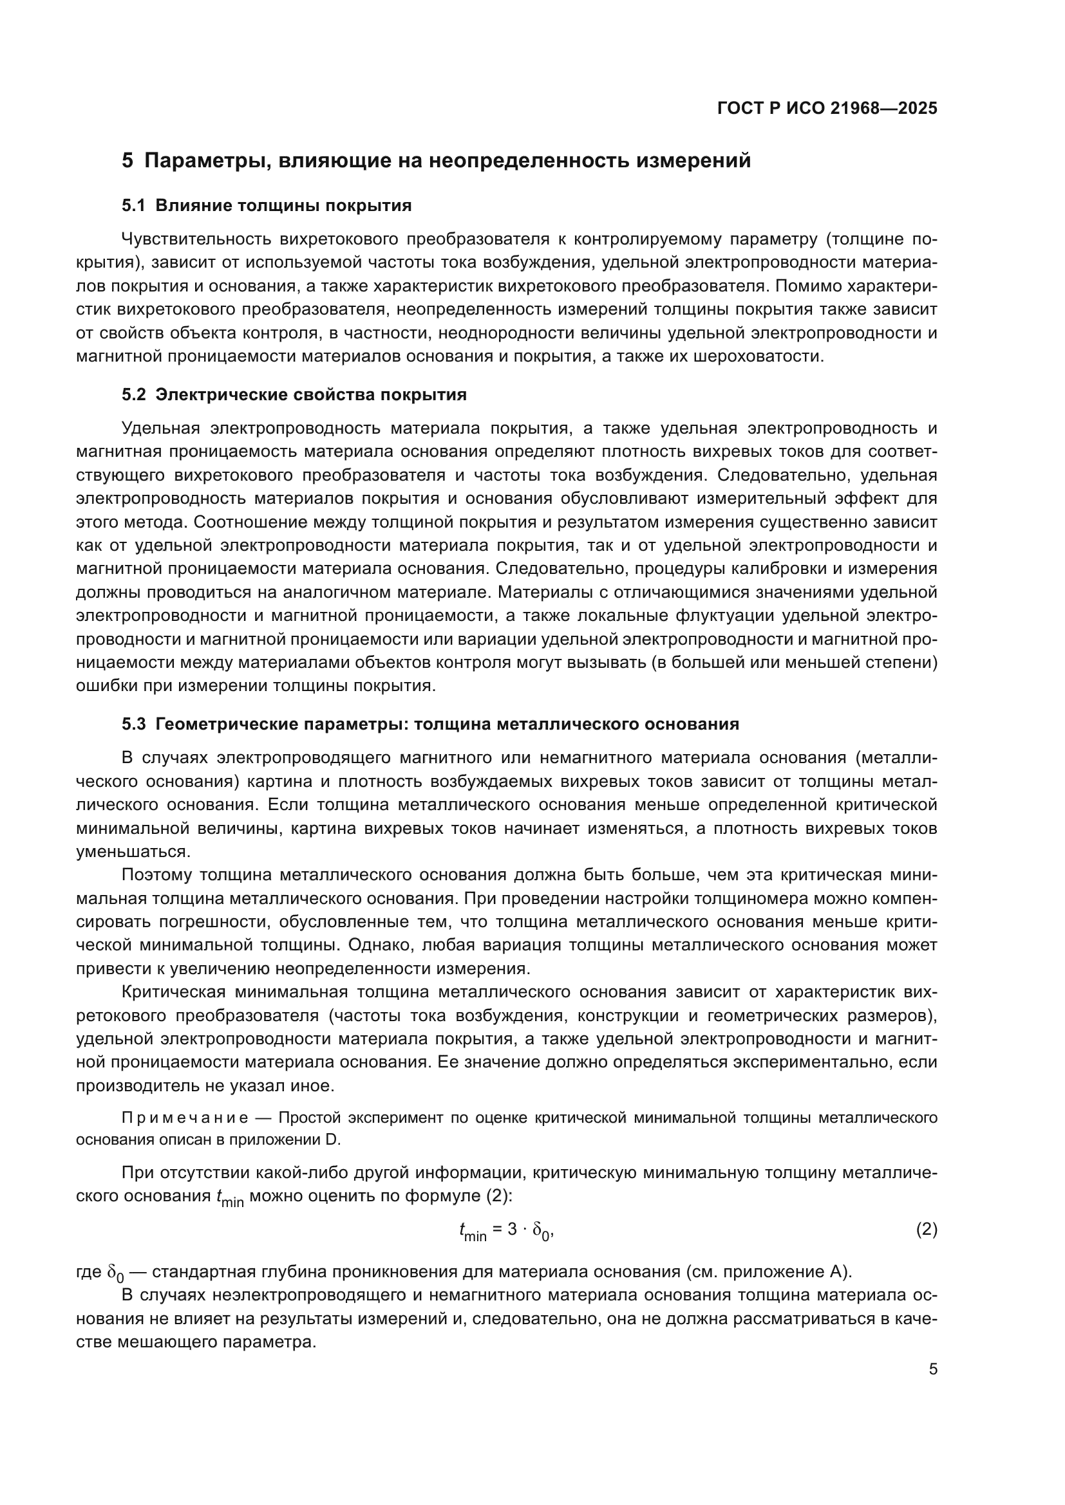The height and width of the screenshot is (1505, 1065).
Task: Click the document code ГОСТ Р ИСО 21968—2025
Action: tap(827, 109)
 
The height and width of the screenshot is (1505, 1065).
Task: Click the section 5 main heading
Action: tap(436, 161)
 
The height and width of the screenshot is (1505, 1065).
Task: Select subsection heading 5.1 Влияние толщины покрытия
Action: tap(267, 206)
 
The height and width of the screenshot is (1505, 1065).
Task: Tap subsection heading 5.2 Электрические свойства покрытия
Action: tap(294, 394)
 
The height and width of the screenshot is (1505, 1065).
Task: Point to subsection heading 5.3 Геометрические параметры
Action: tap(430, 725)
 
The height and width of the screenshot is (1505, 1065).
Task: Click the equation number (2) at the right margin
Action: tap(926, 1230)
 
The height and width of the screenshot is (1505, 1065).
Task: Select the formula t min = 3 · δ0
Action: tap(507, 1231)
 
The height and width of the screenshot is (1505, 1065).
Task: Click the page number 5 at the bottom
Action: tap(932, 1369)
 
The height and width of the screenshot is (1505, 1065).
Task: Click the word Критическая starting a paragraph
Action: tap(174, 992)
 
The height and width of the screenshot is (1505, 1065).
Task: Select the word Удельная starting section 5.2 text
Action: tap(160, 429)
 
